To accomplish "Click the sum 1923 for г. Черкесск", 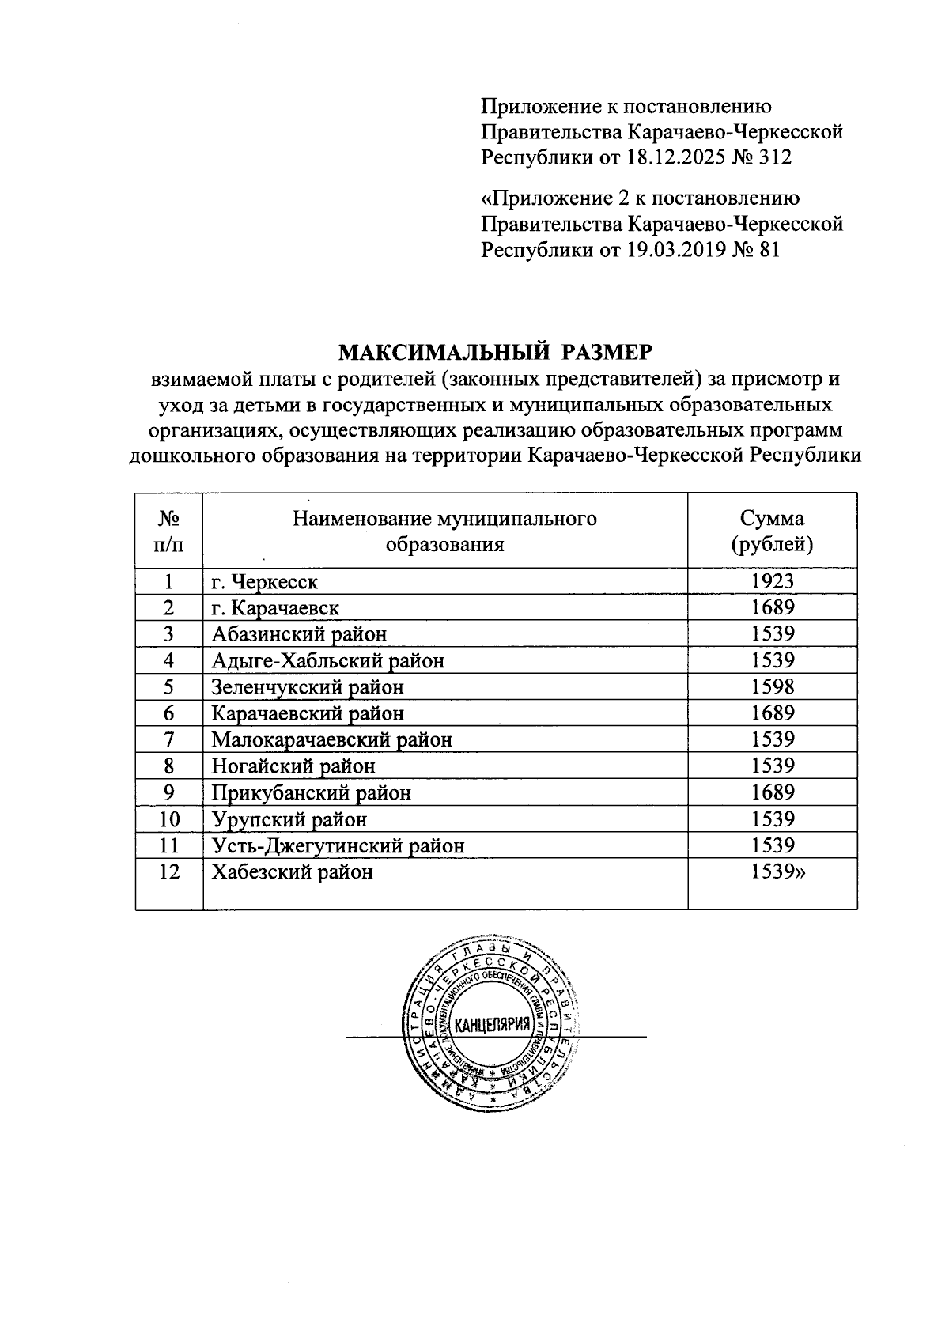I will (772, 581).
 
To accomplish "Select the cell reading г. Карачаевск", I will (275, 607).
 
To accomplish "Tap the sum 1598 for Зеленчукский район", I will (772, 686).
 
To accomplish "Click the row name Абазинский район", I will (299, 633).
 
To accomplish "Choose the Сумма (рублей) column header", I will (772, 531).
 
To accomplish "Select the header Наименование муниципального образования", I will (444, 531).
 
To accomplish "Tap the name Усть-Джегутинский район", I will (338, 845).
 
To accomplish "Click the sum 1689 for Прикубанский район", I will (772, 792).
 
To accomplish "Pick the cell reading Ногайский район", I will (293, 766).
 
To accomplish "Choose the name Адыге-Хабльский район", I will (327, 660).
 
